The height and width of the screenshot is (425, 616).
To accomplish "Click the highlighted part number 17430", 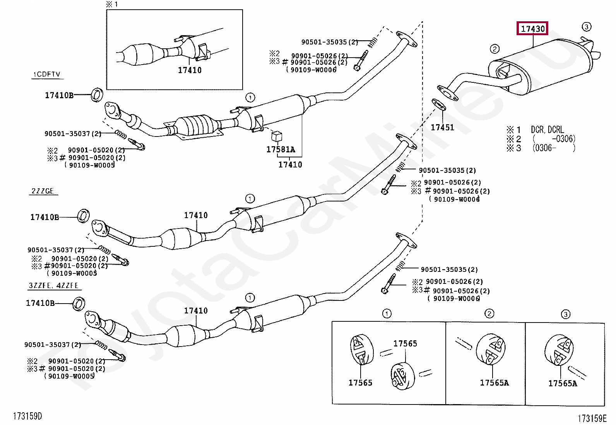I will [532, 29].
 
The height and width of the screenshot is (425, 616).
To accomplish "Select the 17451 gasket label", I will [442, 127].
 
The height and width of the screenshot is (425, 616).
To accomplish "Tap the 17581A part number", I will [281, 149].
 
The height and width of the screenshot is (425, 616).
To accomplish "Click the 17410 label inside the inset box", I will [190, 70].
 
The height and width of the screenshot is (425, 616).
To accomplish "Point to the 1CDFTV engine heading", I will [46, 74].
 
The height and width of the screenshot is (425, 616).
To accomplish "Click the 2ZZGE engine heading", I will [43, 191].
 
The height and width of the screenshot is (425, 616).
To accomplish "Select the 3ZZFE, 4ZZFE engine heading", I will [54, 286].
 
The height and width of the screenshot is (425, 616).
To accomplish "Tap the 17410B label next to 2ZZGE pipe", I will [44, 217].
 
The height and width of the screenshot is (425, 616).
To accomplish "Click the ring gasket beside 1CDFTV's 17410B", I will [97, 95].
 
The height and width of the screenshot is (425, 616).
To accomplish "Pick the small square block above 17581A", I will [277, 136].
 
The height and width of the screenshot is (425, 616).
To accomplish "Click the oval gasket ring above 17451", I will [438, 104].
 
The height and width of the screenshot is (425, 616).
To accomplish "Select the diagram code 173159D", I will [27, 416].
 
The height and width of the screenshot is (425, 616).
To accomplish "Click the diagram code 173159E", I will [592, 418].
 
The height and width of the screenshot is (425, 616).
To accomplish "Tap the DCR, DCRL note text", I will [547, 130].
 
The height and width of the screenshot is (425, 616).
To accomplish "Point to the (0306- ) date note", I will [553, 148].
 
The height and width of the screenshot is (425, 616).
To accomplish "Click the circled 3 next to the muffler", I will [586, 27].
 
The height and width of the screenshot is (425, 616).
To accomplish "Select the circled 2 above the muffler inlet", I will [495, 49].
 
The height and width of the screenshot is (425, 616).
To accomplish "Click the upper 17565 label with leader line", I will [405, 343].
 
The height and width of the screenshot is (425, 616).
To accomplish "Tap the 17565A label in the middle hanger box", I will [494, 382].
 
